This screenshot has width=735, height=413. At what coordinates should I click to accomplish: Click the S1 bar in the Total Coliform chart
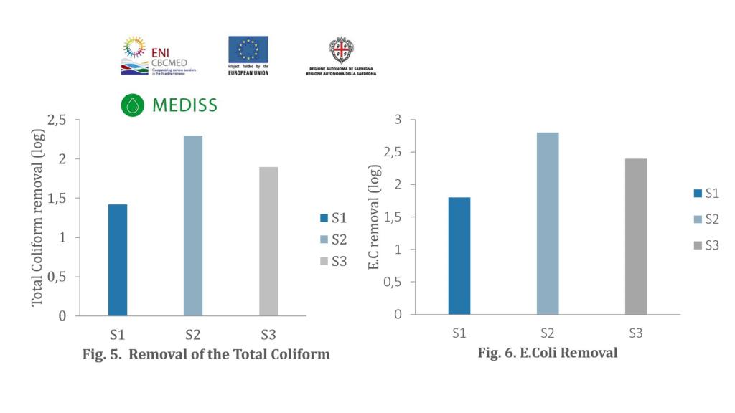tap(118, 260)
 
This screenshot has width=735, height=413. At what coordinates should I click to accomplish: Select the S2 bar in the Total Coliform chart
tap(193, 225)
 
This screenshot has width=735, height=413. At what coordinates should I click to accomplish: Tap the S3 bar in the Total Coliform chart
tap(268, 241)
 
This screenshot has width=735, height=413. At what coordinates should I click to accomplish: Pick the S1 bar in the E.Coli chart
tap(459, 255)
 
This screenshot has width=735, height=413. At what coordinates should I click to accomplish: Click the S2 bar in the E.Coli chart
tap(548, 223)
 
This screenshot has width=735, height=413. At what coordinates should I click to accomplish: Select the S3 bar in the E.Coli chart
tap(636, 236)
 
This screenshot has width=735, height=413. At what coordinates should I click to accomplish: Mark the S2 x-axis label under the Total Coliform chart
tap(192, 334)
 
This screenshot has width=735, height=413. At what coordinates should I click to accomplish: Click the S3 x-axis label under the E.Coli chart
tap(635, 333)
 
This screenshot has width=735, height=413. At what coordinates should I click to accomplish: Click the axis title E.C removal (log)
tap(374, 217)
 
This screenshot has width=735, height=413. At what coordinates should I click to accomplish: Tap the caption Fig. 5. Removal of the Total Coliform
tap(206, 355)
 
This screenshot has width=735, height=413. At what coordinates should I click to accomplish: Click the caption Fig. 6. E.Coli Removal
tap(548, 353)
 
